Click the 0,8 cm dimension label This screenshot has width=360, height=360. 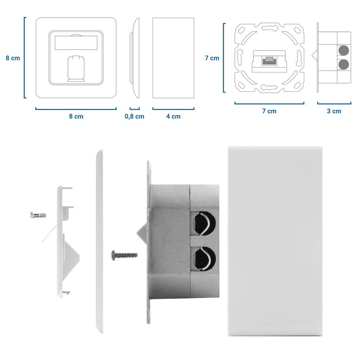[134, 117]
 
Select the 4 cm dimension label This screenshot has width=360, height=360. [173, 117]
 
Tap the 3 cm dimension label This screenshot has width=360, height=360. [334, 111]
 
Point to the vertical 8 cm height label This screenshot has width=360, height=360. [13, 58]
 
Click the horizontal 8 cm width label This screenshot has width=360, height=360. [76, 117]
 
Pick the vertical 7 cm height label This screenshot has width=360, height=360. [211, 58]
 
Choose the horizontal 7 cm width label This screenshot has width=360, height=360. [269, 111]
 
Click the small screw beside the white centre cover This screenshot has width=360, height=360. [37, 215]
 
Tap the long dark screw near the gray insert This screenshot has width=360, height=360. [124, 256]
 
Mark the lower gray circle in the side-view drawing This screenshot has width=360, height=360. [344, 65]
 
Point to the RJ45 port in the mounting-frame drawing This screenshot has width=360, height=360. [270, 59]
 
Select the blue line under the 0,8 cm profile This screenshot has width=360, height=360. [135, 108]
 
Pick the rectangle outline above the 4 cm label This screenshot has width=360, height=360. [173, 58]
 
